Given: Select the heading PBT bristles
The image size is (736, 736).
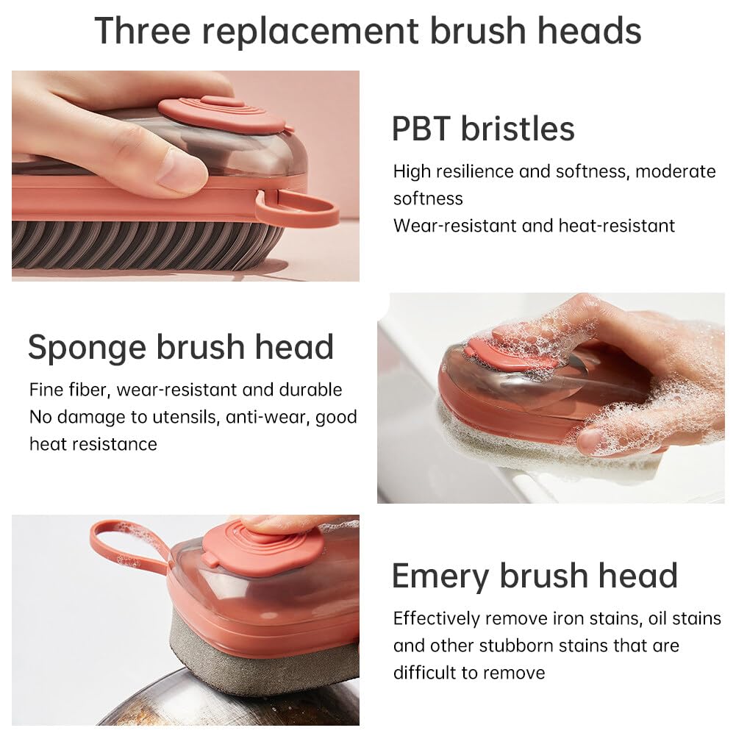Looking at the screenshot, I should click(482, 129).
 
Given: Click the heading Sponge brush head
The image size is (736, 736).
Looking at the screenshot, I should click(181, 347).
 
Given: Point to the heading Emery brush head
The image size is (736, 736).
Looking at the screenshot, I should click(535, 575).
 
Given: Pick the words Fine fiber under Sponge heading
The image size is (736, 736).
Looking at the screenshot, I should click(69, 390).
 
